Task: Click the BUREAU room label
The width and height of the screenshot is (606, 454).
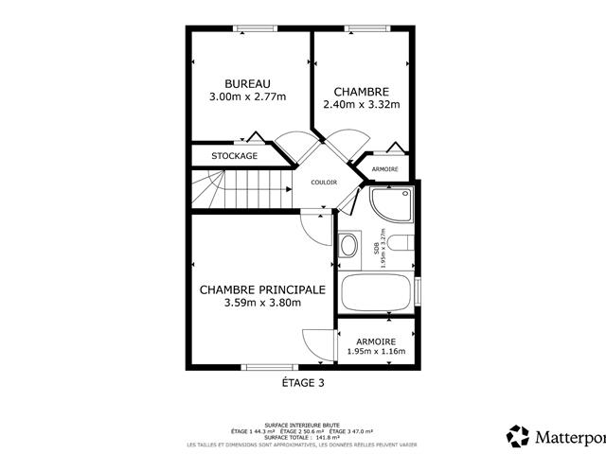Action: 247,83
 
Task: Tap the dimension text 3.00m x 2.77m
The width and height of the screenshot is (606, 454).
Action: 247,96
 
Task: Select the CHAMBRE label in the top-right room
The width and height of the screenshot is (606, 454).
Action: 361,92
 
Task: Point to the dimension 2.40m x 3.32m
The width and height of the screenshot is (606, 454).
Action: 361,105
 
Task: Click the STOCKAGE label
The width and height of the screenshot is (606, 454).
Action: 234,156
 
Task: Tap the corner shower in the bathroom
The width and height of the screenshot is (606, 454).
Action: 391,207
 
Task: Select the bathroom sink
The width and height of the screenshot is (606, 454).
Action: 348,247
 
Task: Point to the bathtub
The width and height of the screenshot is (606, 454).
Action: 376,295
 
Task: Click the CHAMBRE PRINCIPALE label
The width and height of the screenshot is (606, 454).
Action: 262,289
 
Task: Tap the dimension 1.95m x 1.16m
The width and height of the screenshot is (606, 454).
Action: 376,351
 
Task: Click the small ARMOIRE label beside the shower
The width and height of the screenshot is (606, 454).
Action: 384,168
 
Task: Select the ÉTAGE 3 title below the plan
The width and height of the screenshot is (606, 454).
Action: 303,382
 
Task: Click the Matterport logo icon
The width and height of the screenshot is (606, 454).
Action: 518,436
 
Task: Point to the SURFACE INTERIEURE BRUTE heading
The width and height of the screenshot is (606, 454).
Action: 303,426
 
